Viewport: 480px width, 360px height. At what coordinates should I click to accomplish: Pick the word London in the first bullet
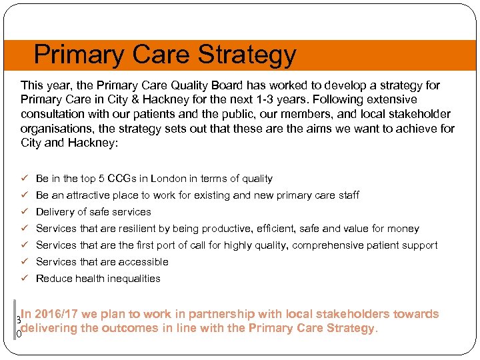(x=170, y=179)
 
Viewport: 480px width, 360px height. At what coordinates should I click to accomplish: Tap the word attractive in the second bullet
(x=88, y=195)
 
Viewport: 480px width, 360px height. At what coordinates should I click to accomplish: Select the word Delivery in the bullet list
(x=55, y=212)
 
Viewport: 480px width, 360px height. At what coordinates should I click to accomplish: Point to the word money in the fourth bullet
(x=404, y=229)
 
